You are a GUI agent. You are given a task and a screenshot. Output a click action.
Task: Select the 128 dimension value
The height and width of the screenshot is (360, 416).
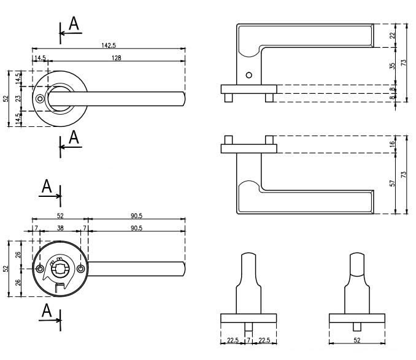coord(117,58)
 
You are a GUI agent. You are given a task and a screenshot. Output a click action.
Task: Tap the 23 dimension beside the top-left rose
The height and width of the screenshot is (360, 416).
coord(18,98)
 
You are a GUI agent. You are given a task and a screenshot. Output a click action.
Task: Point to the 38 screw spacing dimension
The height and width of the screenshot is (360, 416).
coord(60,228)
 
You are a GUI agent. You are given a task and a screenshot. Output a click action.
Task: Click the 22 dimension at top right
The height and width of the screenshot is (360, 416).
coord(393,36)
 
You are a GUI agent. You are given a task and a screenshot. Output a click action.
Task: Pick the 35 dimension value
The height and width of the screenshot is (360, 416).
coord(393,66)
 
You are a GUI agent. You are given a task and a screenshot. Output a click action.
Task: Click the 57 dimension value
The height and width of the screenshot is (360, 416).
coord(393,183)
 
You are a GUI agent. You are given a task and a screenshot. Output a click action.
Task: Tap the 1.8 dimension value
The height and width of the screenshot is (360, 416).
coord(393,90)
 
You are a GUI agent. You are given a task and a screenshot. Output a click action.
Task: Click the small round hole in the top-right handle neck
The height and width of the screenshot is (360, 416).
coord(248,75)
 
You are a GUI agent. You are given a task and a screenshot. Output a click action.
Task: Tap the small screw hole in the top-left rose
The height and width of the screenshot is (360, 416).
coord(40,99)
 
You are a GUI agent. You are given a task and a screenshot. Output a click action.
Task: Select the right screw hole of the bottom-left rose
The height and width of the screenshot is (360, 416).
coord(80,269)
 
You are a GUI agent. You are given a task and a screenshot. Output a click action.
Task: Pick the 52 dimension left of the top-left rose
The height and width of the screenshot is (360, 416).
coord(6,98)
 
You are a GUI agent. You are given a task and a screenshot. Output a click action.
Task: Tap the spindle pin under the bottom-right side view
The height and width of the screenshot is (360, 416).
coord(356,325)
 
